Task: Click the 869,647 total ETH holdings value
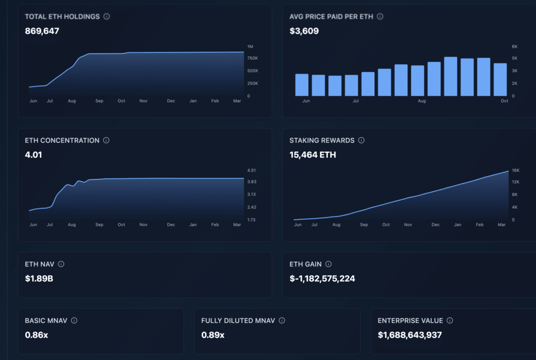[42, 31]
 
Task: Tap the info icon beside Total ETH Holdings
[107, 17]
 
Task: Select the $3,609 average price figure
[304, 31]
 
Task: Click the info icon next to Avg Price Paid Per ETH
[380, 17]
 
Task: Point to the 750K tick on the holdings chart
[252, 58]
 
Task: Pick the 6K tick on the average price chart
[515, 46]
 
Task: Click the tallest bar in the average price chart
[451, 76]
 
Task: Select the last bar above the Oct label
[500, 80]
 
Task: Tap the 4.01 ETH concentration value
[33, 155]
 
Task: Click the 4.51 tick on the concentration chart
[252, 170]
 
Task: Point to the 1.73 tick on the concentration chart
[252, 220]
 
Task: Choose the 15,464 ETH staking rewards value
[312, 155]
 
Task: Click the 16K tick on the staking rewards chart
[515, 170]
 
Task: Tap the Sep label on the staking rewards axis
[364, 224]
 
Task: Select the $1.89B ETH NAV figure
[39, 278]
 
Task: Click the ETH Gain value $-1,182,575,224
[322, 278]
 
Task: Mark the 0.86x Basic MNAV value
[37, 334]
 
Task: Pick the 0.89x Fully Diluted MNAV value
[213, 334]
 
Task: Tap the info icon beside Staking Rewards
[361, 141]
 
